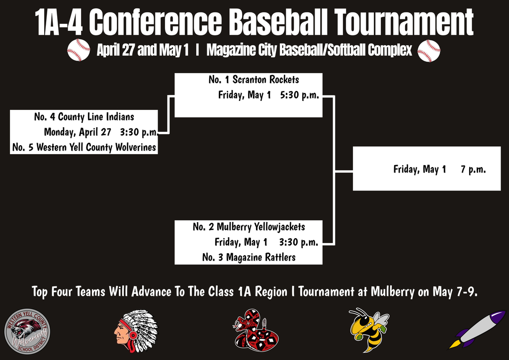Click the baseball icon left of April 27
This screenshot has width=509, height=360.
(79, 50)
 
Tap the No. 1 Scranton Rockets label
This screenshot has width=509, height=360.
(254, 80)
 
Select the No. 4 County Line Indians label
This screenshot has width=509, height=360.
(84, 117)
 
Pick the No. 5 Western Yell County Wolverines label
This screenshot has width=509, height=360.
(84, 148)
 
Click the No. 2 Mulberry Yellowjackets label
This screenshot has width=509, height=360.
(249, 227)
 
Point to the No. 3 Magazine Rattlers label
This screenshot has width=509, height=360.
(249, 258)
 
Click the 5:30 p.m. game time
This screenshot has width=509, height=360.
(299, 95)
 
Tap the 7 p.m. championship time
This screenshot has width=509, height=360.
(473, 170)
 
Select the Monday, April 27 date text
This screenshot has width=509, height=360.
(78, 132)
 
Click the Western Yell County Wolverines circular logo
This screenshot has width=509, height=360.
(27, 332)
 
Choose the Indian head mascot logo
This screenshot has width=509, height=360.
(136, 331)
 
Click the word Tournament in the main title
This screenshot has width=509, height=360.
(404, 21)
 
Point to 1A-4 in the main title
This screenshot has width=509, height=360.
(60, 21)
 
